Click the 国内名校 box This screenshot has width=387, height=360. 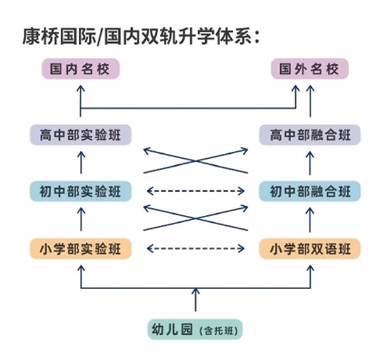click(80, 70)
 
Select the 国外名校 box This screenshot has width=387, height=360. click(310, 70)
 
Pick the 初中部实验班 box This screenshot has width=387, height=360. click(80, 191)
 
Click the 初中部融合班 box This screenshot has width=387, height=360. click(310, 191)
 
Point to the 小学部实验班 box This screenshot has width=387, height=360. click(80, 249)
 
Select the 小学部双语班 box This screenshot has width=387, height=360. click(310, 249)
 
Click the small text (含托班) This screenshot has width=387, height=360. click(219, 331)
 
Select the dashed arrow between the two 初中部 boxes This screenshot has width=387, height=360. click(195, 191)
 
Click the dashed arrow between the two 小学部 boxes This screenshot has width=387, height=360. click(195, 249)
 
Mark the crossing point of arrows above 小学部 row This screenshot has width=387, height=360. click(195, 218)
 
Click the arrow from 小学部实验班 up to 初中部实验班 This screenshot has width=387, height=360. click(80, 220)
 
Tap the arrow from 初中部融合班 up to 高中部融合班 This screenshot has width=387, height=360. click(310, 163)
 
